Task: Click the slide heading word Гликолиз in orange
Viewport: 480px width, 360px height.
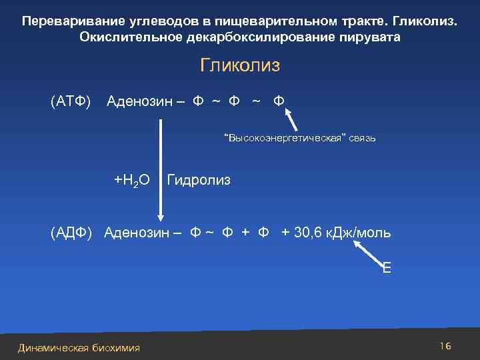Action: (240, 66)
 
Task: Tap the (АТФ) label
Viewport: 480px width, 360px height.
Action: (71, 101)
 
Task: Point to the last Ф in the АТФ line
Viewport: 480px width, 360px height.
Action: (279, 101)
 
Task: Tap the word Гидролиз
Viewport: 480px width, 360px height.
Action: (199, 180)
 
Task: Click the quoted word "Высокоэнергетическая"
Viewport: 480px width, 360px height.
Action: (286, 139)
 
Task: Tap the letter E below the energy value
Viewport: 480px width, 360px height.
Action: (387, 269)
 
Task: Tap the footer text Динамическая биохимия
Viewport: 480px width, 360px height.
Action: (79, 347)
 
